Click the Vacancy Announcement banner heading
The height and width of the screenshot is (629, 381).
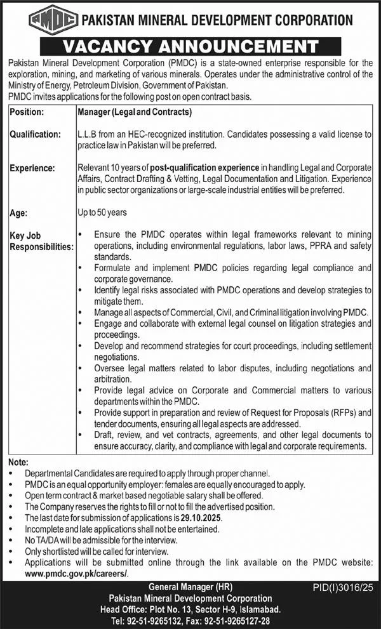[190, 46]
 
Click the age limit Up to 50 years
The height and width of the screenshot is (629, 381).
[103, 214]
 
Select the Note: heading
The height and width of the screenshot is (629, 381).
[18, 463]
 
